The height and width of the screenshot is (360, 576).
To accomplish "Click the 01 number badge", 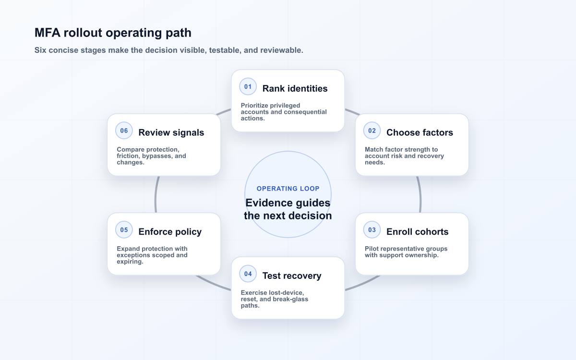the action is coord(248,87).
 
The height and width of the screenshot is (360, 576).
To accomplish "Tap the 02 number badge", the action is coord(372,131).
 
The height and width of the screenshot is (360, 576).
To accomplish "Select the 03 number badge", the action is coord(372,230).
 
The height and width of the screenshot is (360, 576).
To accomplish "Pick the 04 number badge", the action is coord(248,274).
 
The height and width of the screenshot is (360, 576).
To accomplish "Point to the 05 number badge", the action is coord(124,230).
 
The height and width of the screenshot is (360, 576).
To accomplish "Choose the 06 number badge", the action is coord(124,131).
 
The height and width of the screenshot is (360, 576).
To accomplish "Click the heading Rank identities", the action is coord(295,88).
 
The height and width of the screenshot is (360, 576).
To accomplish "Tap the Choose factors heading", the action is coord(420,132).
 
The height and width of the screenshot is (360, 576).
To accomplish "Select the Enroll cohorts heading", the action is coord(417,232).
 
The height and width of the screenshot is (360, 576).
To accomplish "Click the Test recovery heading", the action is coord(292,276).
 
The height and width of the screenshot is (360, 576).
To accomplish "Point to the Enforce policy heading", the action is coord(170,232).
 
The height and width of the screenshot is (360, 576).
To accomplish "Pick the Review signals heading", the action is coord(171,132).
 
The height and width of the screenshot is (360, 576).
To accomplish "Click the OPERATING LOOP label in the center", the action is coord(288,189).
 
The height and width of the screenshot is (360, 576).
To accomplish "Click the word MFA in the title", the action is coord(48,33).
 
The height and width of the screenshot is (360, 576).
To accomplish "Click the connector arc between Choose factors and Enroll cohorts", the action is coord(420,195).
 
